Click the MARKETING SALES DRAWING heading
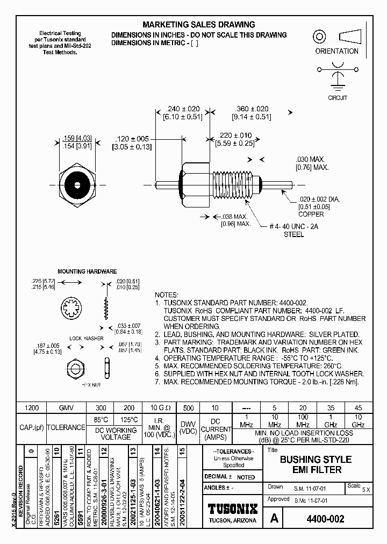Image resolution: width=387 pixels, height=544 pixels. click(x=198, y=25)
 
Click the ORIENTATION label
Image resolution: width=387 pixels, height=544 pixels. click(x=336, y=51)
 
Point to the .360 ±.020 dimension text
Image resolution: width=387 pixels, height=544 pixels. click(x=250, y=109)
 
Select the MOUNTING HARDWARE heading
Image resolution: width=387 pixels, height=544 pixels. click(x=87, y=272)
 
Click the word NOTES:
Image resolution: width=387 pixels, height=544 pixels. click(x=166, y=296)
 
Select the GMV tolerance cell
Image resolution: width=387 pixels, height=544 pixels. click(x=66, y=407)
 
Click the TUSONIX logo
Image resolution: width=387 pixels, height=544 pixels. click(x=233, y=509)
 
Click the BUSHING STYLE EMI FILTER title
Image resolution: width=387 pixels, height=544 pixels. click(x=316, y=464)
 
